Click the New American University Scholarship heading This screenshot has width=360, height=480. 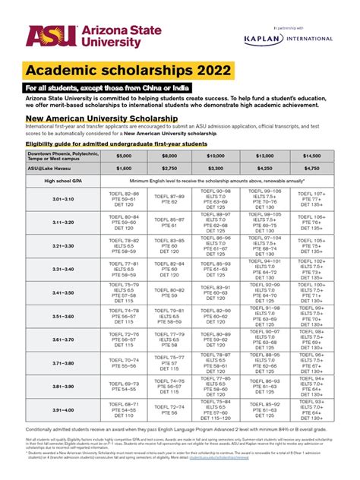[x=102, y=118]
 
